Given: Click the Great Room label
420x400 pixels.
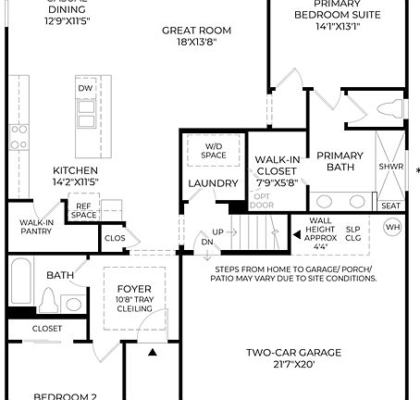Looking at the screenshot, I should (x=196, y=36).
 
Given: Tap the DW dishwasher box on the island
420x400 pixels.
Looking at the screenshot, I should (x=86, y=88).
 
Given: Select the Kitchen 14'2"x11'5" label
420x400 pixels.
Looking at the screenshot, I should (x=76, y=176).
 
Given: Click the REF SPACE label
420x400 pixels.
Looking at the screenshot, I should (x=84, y=210).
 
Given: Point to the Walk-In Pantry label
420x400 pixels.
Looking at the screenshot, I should (x=36, y=228).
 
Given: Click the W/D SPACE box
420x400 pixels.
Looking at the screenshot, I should (x=214, y=149).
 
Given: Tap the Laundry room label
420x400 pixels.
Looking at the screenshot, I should (x=213, y=183).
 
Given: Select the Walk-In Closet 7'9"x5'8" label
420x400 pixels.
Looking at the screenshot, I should (x=277, y=170).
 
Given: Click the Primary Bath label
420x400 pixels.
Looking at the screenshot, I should (x=340, y=161).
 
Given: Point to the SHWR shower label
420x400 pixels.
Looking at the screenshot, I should (x=390, y=168).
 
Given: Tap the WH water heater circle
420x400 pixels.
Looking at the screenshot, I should (x=393, y=228).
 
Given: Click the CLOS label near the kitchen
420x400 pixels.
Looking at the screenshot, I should (x=115, y=238).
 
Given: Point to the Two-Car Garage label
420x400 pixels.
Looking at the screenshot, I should (x=294, y=357).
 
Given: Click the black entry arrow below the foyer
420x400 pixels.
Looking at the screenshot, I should (x=151, y=352).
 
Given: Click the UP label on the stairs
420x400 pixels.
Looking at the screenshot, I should (x=218, y=231).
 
